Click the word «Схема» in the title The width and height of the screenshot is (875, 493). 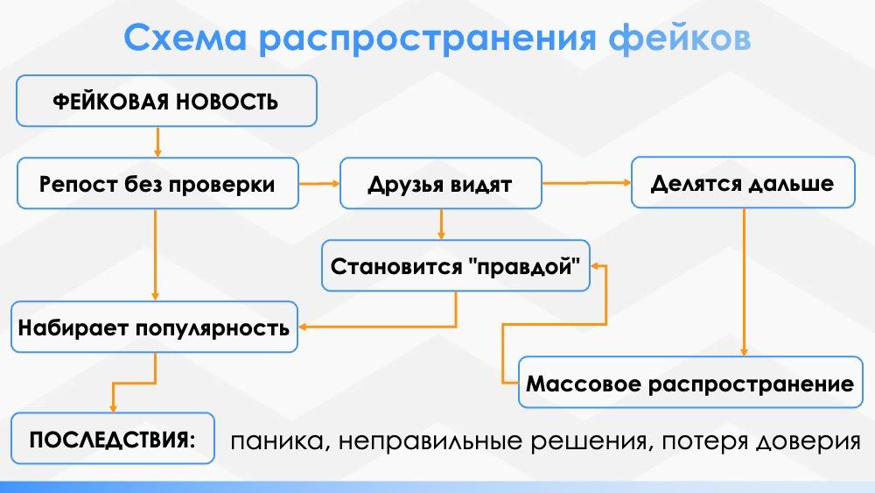[185, 38]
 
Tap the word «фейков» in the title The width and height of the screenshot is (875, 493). [680, 38]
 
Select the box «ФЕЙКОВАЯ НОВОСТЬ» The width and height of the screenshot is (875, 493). [166, 101]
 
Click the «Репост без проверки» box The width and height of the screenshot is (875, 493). [157, 184]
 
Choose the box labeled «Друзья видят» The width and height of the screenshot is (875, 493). [441, 184]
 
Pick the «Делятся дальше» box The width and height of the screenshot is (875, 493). [743, 182]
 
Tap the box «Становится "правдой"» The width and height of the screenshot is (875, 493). [455, 265]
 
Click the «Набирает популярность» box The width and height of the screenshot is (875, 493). [155, 327]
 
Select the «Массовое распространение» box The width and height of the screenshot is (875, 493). [690, 383]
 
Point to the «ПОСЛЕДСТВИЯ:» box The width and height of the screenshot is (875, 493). [113, 439]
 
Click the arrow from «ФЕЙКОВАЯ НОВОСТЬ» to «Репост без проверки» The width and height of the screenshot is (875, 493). [157, 142]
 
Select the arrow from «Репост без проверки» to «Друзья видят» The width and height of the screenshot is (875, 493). [319, 183]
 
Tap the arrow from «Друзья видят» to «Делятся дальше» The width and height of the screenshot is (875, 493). [586, 182]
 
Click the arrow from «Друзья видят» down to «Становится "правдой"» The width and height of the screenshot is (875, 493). [441, 224]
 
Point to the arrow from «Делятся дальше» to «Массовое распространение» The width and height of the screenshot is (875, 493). [743, 282]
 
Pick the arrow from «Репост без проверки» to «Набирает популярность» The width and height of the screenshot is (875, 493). [155, 255]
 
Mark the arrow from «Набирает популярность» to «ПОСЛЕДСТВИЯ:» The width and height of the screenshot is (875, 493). [134, 383]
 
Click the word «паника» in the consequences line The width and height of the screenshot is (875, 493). [276, 441]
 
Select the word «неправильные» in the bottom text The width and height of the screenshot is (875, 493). [430, 441]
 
